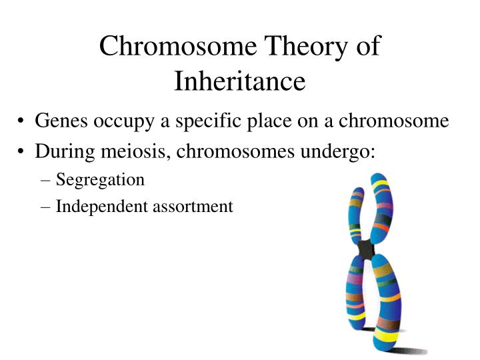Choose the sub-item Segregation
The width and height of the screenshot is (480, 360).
[100, 179]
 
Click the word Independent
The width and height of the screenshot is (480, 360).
[95, 207]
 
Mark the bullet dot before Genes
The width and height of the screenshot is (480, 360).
[23, 122]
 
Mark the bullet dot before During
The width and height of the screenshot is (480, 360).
[23, 151]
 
